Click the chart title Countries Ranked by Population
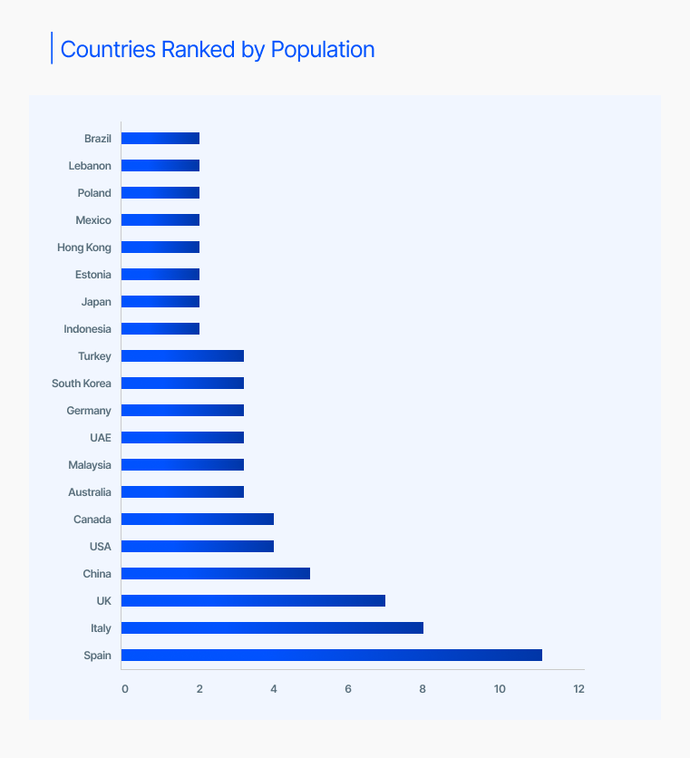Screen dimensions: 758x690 [x=217, y=49]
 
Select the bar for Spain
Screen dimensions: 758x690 [x=331, y=655]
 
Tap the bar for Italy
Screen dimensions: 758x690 [x=272, y=627]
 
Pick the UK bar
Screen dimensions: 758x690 [x=253, y=600]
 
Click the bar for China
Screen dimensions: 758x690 [x=215, y=573]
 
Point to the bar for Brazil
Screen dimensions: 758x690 [x=160, y=138]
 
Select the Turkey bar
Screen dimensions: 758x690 [x=182, y=355]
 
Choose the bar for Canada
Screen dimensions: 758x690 [x=197, y=519]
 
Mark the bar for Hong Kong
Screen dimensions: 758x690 [x=160, y=247]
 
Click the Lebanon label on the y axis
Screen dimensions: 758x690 [x=90, y=166]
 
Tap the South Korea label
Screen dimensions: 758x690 [x=82, y=384]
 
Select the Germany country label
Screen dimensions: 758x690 [x=89, y=411]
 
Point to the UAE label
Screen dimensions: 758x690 [x=101, y=438]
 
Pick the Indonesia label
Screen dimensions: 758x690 [x=88, y=329]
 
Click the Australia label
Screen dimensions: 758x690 [x=90, y=492]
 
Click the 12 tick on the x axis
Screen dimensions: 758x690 [x=578, y=689]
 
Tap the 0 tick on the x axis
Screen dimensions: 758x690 [x=125, y=689]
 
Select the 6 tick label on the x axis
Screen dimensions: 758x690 [x=348, y=689]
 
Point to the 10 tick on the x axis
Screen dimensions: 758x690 [x=500, y=689]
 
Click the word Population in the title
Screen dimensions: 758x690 [x=322, y=49]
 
